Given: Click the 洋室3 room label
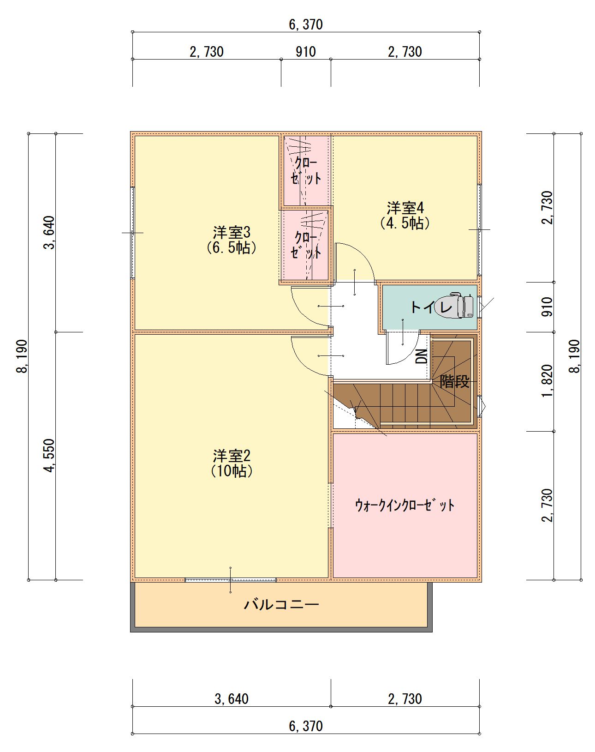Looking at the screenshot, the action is click(x=232, y=240).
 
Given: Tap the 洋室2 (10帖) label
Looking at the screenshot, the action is click(x=232, y=463).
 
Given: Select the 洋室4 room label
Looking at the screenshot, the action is click(x=405, y=216).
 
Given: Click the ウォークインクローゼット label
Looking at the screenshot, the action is click(x=405, y=505).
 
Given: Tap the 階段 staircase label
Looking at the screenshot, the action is click(x=454, y=381).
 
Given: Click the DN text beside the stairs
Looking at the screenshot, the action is click(x=422, y=356).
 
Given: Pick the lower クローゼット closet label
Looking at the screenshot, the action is click(x=306, y=245).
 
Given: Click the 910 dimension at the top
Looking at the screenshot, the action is click(x=306, y=52).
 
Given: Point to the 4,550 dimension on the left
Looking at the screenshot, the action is click(x=50, y=455).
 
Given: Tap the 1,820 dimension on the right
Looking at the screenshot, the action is click(x=547, y=381).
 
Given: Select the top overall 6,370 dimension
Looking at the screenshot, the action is click(x=306, y=24).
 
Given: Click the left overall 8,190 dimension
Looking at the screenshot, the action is click(x=22, y=356).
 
